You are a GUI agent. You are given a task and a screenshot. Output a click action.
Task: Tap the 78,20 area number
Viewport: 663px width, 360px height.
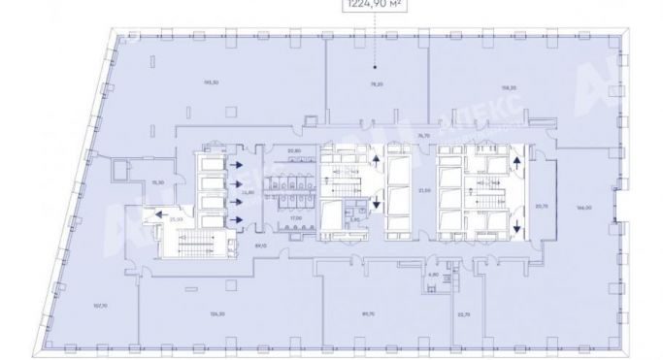376,85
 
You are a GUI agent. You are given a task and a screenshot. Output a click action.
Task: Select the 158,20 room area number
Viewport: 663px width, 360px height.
507,88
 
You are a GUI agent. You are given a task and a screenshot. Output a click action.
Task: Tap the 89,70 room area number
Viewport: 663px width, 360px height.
368,313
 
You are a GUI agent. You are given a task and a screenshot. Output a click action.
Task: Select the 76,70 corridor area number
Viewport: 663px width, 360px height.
423,135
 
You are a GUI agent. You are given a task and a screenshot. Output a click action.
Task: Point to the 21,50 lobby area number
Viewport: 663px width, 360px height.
423,191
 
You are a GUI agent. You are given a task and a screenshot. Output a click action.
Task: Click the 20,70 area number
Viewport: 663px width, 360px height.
542,206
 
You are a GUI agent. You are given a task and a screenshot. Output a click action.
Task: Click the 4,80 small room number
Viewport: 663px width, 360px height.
433,275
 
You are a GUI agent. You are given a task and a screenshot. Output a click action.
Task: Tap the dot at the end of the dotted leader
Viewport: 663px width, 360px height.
378,68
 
